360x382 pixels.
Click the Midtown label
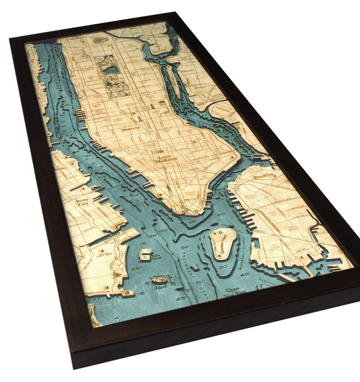(130, 129)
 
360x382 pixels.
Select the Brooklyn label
(264, 176)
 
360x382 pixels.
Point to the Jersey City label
(83, 203)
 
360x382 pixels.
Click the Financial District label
(193, 192)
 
